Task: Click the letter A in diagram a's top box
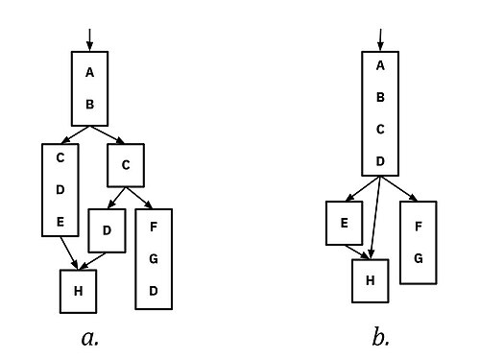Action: [90, 72]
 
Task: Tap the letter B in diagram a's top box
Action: [90, 105]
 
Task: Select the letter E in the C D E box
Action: [60, 222]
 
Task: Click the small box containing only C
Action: [126, 165]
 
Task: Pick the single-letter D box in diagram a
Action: [107, 230]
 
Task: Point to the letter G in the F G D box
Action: [154, 258]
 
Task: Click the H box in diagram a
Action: [78, 291]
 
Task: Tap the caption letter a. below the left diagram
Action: [90, 338]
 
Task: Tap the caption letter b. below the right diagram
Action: [381, 337]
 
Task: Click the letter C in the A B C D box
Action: [380, 130]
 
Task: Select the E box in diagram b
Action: [345, 223]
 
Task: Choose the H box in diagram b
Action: [371, 280]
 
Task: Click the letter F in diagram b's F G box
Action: [419, 227]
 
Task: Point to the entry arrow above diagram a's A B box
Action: [90, 40]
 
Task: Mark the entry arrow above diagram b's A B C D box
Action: [380, 40]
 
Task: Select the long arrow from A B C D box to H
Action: [375, 217]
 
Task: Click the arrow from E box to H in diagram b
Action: [357, 252]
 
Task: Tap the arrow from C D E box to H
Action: [69, 252]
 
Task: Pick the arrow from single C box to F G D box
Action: [139, 198]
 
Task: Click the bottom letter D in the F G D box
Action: [154, 291]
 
